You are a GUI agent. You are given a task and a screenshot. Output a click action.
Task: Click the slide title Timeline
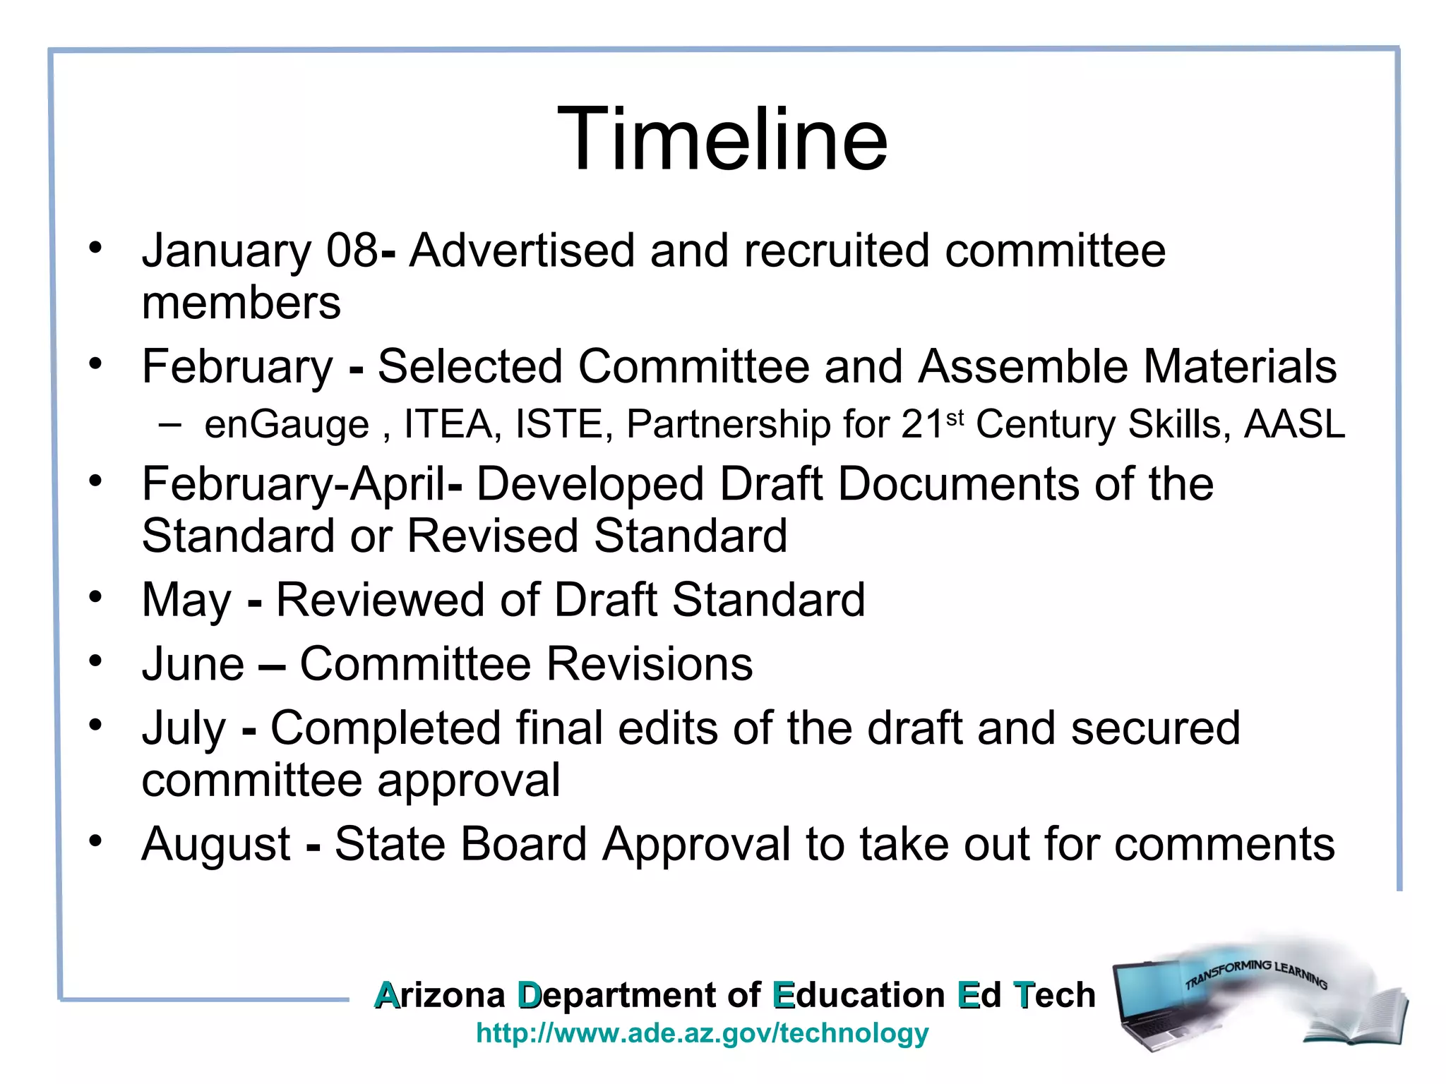tap(722, 139)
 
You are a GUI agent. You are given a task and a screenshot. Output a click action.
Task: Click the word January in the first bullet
tap(226, 251)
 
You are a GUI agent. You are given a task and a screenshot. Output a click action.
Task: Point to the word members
tap(241, 303)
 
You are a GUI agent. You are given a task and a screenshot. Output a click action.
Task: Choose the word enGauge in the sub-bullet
tap(287, 425)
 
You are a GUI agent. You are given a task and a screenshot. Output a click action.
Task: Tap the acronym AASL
tap(1294, 425)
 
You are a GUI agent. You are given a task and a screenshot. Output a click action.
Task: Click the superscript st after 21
tap(955, 418)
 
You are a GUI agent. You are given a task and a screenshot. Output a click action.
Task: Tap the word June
tap(193, 665)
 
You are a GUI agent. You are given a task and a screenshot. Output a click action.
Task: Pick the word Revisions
tap(650, 665)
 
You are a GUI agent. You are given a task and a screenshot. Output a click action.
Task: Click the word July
tap(184, 729)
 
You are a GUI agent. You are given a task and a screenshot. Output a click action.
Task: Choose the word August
tap(216, 845)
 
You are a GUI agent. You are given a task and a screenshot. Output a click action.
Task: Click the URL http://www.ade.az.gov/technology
tap(703, 1033)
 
